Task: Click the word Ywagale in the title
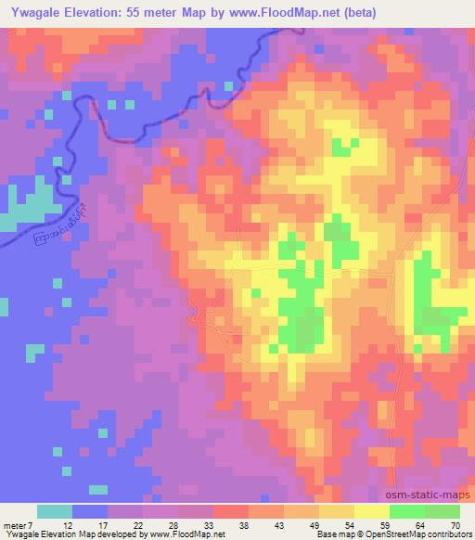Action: click(35, 12)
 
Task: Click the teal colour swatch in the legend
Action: click(55, 511)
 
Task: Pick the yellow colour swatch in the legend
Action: click(372, 511)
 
